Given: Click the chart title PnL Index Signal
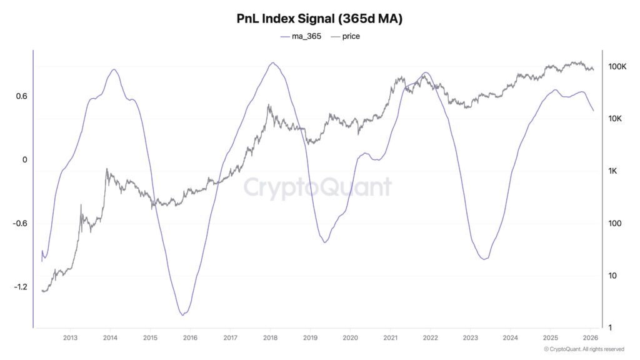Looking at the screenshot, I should tap(319, 19).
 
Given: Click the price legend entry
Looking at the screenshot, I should tap(346, 36).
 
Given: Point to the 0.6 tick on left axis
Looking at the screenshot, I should tap(21, 96).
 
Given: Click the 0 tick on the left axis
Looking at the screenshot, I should tap(24, 160).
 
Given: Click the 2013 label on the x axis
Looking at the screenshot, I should tap(70, 338).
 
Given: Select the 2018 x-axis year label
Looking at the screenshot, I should tap(270, 338).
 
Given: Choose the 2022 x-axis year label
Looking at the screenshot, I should tap(430, 338).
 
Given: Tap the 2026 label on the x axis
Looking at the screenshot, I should tap(590, 338).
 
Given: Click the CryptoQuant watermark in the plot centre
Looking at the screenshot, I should tap(317, 187).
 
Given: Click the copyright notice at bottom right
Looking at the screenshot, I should tap(584, 349).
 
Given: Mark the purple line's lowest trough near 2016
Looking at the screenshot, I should tap(182, 315).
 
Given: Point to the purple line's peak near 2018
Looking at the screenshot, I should tap(272, 62).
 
